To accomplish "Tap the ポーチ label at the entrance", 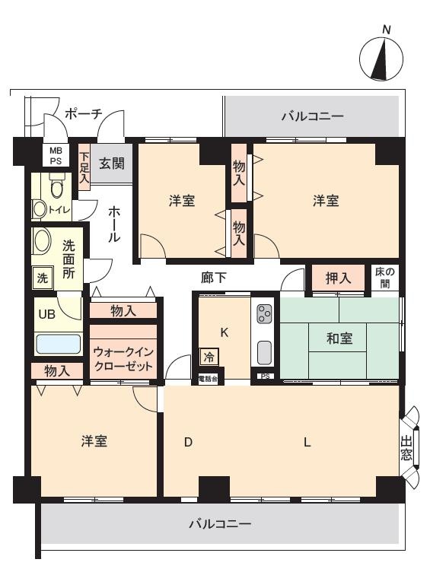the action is tap(83, 114).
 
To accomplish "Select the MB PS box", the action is tap(56, 155).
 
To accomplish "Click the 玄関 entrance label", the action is tap(112, 163).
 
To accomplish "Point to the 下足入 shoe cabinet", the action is tap(84, 167).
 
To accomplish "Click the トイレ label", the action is tap(59, 209).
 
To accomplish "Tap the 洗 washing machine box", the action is tap(43, 278).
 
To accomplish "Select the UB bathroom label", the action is tap(46, 313).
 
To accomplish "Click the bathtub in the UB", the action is tap(59, 344).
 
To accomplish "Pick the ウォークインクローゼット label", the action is tap(123, 358).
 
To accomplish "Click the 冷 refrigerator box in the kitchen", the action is tap(209, 357).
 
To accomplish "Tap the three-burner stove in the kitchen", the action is tap(264, 314).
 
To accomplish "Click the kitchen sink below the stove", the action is tap(264, 353).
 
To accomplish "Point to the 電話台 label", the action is tap(208, 379).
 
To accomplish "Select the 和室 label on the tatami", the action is tap(339, 338).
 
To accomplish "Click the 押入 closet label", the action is tap(338, 278).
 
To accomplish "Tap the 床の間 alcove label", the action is tap(385, 278).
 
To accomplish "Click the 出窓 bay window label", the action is tap(406, 448).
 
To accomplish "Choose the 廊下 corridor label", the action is tap(214, 278).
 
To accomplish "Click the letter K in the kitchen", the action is tap(225, 332).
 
